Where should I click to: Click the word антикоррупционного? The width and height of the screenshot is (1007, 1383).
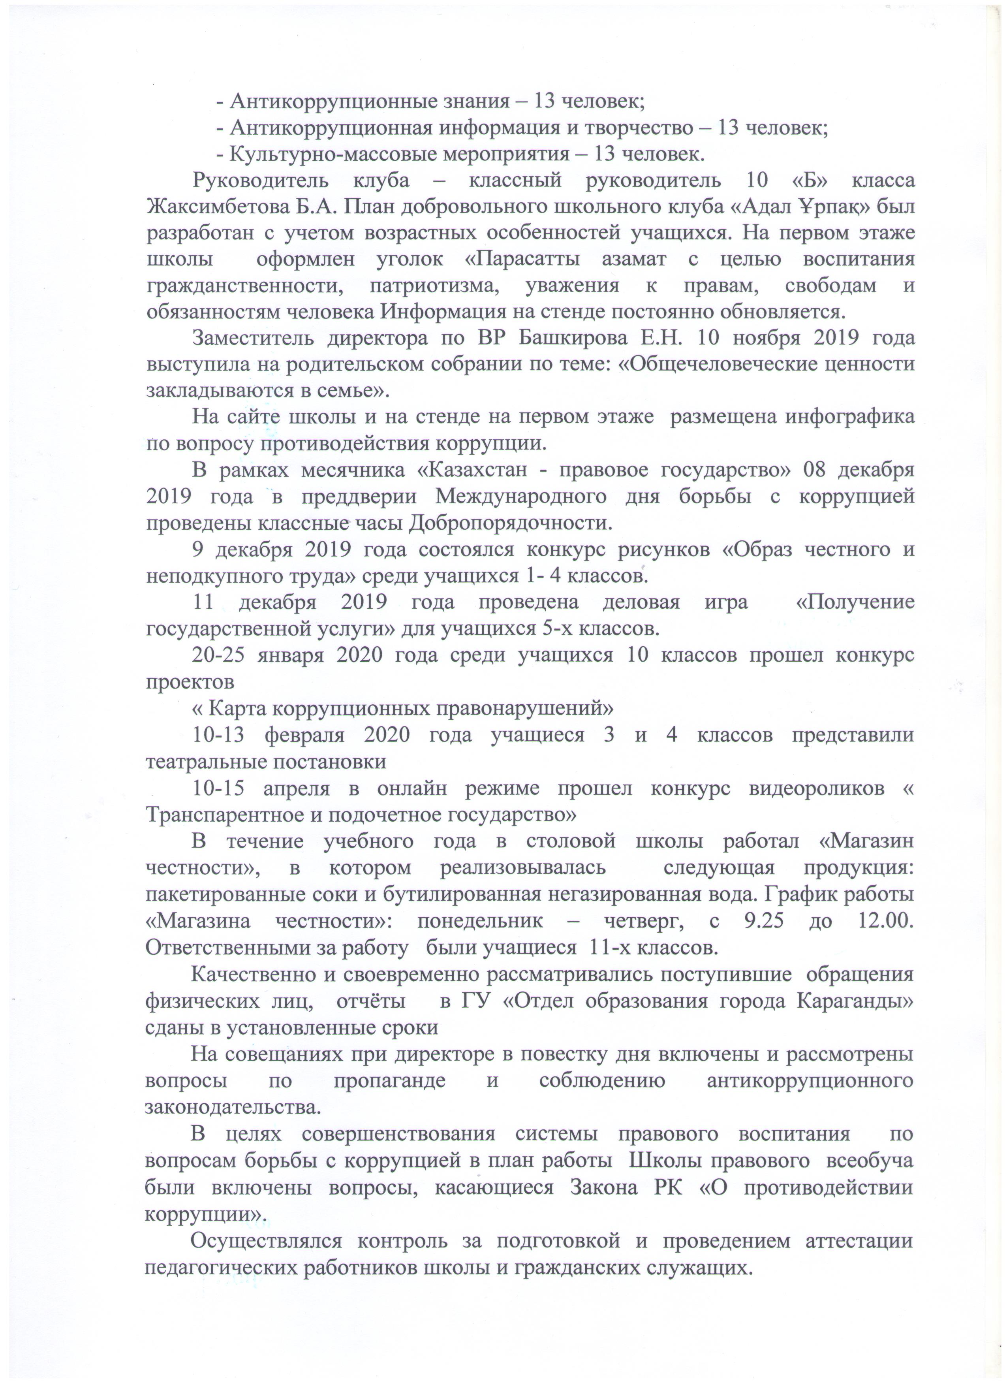tap(810, 1080)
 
